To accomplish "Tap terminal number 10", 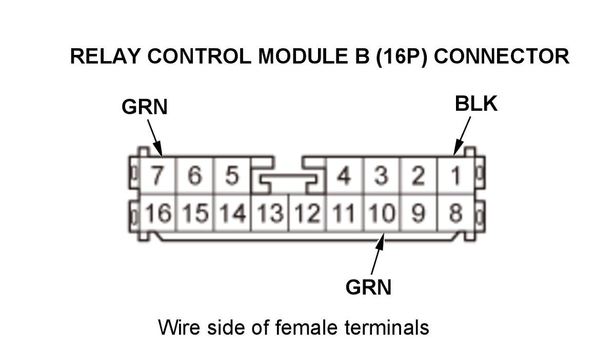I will tap(382, 213).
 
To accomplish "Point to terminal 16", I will tap(157, 213).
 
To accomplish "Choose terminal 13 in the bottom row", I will tap(270, 213).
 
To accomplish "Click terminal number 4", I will tap(344, 176).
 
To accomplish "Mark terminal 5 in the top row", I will tap(232, 176).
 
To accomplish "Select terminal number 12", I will tap(307, 213).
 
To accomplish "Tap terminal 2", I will tap(419, 176).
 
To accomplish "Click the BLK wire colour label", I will tap(475, 104).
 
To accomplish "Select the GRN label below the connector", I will tap(368, 287).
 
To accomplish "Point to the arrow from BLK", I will tap(462, 135).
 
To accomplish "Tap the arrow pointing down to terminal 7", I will tap(154, 137).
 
